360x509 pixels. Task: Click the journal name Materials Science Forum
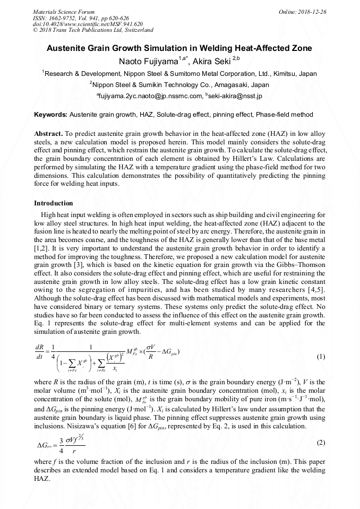pos(64,11)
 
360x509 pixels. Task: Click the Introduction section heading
pos(54,203)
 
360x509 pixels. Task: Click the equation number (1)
pos(320,357)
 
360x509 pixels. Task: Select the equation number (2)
pos(320,442)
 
